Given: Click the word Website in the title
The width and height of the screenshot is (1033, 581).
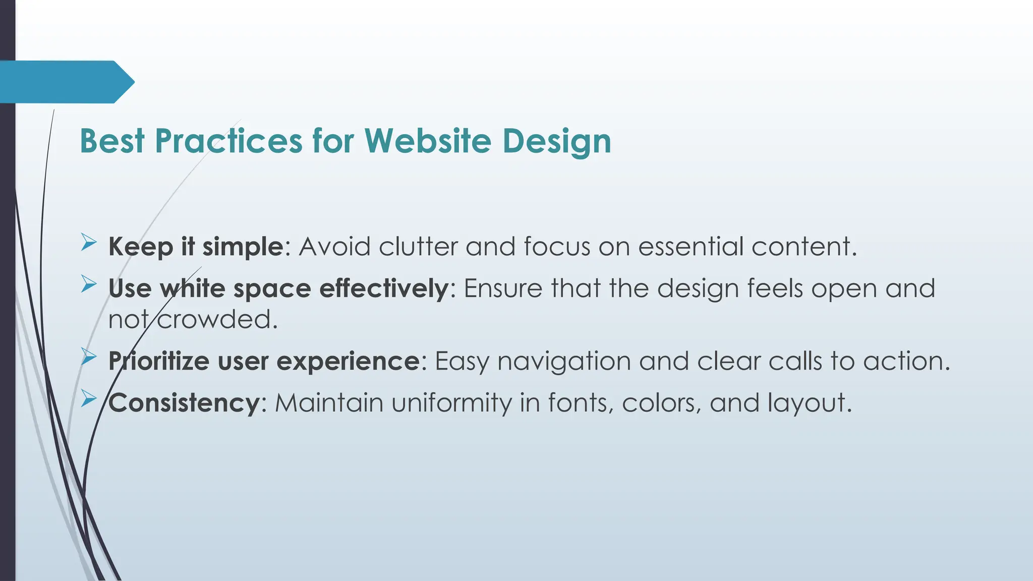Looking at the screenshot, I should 427,141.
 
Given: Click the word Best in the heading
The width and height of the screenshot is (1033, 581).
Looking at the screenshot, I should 112,141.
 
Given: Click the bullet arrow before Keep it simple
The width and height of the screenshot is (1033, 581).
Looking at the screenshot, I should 88,244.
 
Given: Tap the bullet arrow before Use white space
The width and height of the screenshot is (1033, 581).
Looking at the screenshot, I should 88,285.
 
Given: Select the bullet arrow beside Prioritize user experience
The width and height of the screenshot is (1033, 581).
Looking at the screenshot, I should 88,358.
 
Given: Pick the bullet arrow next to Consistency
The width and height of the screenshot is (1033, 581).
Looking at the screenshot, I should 88,399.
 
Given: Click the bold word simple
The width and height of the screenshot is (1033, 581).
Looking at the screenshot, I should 243,248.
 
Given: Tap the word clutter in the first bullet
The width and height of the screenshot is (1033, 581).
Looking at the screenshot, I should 418,247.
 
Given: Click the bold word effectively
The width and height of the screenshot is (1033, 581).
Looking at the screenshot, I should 383,288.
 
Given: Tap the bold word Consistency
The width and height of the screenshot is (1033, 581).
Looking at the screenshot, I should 184,403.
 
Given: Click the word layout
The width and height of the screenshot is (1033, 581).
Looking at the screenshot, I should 809,403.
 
